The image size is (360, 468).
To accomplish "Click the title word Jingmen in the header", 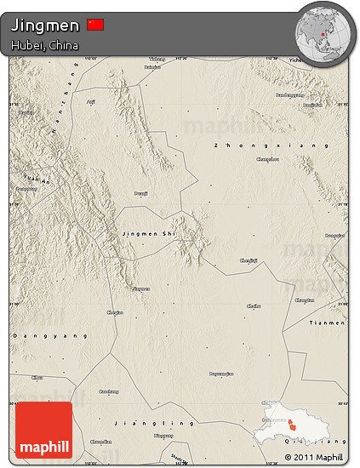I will pyautogui.click(x=46, y=26).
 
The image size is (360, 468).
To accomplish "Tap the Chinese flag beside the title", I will pyautogui.click(x=95, y=25).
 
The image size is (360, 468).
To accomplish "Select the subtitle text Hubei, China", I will pyautogui.click(x=46, y=44).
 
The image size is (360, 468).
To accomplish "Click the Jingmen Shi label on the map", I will pyautogui.click(x=148, y=231).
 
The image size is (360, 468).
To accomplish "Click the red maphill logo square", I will pyautogui.click(x=43, y=430).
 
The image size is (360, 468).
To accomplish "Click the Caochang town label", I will pyautogui.click(x=110, y=391).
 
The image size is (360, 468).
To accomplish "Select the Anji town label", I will pyautogui.click(x=91, y=102).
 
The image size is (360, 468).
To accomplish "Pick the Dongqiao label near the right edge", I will pyautogui.click(x=335, y=235).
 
